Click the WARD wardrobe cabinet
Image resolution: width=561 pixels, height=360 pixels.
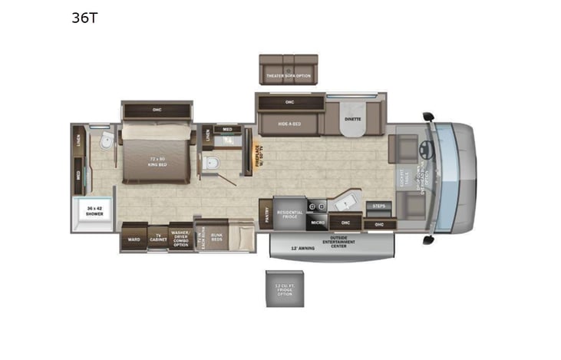[133, 239]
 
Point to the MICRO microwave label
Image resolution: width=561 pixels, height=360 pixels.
[318, 223]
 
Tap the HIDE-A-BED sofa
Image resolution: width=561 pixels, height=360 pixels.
[289, 123]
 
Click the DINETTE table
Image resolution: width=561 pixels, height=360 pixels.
[353, 123]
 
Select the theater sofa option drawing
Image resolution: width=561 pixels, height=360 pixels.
[289, 69]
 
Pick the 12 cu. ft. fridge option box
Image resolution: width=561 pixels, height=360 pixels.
[285, 289]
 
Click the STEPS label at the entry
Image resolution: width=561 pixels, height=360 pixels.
[378, 206]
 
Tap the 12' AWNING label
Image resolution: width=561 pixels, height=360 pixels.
[304, 249]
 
